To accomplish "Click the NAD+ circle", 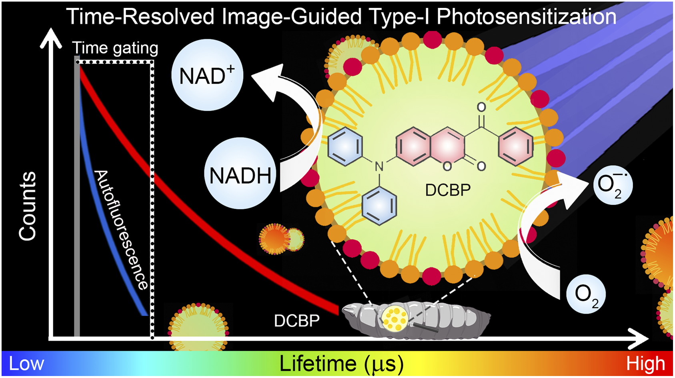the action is [207, 75].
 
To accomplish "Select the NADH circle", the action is [240, 174].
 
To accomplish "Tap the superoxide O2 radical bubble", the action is [613, 185].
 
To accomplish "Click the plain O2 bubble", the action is [586, 294].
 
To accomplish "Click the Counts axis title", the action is [28, 206].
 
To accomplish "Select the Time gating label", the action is [115, 48].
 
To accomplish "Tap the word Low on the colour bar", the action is [26, 364].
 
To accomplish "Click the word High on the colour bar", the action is [645, 364].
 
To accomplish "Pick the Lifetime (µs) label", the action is [341, 364].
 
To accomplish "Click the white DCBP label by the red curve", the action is [296, 321].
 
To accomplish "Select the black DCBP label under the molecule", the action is [448, 190].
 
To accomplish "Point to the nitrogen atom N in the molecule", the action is [379, 166].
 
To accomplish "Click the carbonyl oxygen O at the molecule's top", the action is [481, 107].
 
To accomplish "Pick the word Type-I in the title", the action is [399, 17].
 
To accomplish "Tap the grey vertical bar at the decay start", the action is [77, 196].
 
